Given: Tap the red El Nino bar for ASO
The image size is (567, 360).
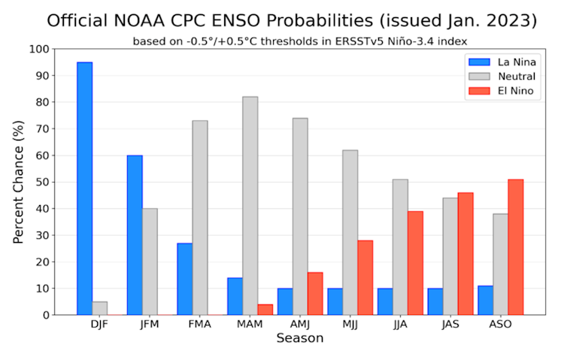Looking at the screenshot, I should point(515,247).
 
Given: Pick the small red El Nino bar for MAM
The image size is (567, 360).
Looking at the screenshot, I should point(265,310).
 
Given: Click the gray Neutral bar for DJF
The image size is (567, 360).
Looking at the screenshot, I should point(99,308).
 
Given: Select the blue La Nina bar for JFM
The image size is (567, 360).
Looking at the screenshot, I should point(135,235).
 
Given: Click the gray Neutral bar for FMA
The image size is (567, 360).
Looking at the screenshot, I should point(200,218).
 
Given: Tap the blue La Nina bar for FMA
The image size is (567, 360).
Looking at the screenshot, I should point(184,279).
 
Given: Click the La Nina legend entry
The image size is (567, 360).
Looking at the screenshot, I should point(508,62).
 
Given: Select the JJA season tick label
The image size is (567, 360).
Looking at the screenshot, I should point(400,325).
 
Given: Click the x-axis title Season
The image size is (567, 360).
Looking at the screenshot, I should point(299,339).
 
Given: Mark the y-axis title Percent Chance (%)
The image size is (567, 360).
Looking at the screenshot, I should point(19,183).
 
